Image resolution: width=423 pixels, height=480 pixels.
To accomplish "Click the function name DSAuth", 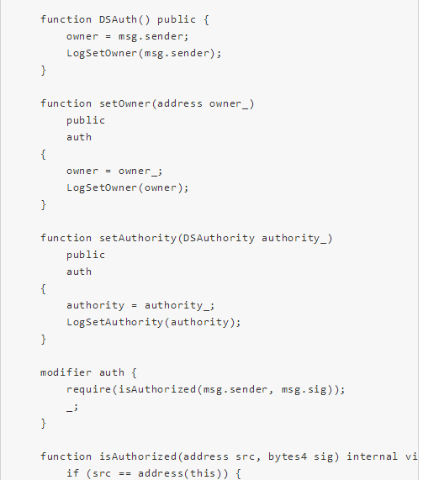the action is tap(118, 19).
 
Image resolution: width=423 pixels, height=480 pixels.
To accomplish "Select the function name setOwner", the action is tap(125, 103).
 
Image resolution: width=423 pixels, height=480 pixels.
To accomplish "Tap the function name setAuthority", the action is tap(138, 238).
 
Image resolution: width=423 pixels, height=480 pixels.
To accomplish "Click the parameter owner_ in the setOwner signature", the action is tap(229, 104).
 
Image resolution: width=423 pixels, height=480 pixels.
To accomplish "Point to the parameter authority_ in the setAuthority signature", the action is tap(294, 239).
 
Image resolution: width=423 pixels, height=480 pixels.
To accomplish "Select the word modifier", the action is tap(66, 372).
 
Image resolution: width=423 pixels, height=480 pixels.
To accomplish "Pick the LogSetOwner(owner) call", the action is tap(128, 187).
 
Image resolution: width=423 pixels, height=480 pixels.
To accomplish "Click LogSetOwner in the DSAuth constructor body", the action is tap(102, 53).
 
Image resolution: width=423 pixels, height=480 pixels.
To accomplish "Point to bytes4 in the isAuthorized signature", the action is tap(288, 456).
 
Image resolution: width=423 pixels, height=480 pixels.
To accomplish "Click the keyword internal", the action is tap(372, 456).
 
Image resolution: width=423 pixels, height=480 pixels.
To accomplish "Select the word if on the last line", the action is tap(73, 473).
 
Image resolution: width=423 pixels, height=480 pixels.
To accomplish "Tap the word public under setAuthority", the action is tap(86, 255).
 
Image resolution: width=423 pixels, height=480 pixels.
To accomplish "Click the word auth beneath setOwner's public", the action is tap(79, 137).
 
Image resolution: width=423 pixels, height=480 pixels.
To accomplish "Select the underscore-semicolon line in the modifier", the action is tap(72, 408).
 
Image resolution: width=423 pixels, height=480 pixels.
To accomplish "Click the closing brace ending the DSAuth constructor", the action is tap(44, 71).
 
